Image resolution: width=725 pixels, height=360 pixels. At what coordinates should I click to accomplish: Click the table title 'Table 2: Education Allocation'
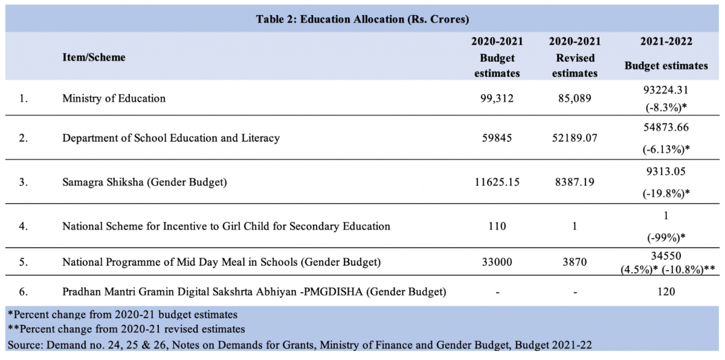click(362, 19)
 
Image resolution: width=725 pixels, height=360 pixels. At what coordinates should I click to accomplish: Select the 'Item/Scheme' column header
click(94, 57)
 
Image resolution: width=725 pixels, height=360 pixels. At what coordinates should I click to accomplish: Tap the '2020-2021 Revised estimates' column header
click(575, 57)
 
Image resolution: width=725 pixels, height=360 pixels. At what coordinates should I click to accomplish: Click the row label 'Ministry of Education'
click(114, 98)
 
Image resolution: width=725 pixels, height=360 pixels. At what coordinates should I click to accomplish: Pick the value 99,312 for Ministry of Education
click(497, 98)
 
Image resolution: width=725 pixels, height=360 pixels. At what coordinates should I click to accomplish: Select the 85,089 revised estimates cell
click(575, 98)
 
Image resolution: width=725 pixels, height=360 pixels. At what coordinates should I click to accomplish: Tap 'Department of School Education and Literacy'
click(171, 138)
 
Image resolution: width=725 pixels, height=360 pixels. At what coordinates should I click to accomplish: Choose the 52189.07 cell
click(575, 138)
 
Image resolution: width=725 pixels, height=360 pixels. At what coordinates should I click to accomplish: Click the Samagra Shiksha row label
click(144, 182)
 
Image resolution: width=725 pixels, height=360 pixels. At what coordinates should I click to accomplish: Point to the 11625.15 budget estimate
click(497, 182)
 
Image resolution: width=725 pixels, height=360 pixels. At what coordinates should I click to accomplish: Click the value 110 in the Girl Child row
click(497, 227)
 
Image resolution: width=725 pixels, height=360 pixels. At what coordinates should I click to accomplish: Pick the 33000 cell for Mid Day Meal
click(497, 262)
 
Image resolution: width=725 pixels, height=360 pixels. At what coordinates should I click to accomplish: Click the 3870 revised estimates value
click(575, 262)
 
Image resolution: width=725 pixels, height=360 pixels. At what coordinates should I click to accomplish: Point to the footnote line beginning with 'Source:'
click(299, 345)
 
